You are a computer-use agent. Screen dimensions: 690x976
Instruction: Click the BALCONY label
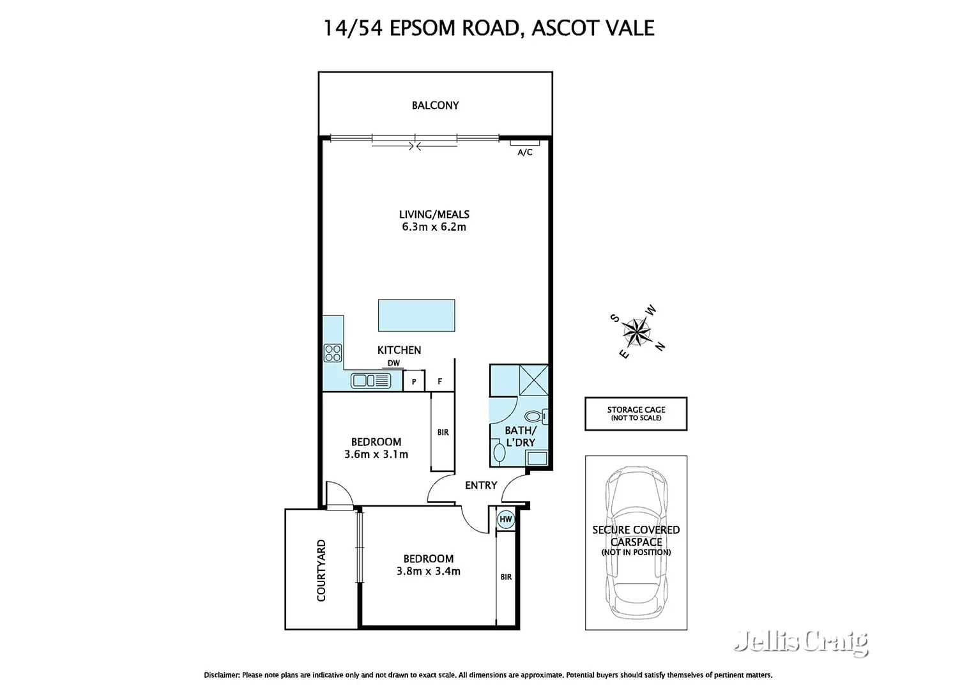point(435,105)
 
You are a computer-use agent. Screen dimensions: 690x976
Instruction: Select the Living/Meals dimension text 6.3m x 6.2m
point(434,227)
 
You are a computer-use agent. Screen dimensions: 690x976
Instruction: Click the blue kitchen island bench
point(416,316)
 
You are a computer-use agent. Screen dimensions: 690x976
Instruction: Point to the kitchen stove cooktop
point(333,353)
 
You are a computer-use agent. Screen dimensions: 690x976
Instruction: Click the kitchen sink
point(370,381)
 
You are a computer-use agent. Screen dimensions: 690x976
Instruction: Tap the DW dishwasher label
point(393,364)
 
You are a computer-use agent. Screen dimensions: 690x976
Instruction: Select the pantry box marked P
point(414,382)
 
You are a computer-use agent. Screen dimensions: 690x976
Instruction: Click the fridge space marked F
point(440,382)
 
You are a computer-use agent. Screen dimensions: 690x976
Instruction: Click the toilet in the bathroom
point(544,417)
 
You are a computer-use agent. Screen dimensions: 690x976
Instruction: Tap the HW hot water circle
point(506,519)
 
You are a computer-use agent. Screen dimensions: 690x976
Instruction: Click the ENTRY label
point(481,486)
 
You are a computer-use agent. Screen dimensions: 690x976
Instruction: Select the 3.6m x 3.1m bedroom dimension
point(376,455)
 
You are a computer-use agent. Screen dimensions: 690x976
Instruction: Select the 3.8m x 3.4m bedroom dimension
point(428,572)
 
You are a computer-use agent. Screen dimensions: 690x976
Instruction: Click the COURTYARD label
point(321,571)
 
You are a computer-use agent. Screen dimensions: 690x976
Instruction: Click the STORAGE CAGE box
point(636,413)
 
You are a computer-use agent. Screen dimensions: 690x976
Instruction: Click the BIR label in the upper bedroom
point(443,433)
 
